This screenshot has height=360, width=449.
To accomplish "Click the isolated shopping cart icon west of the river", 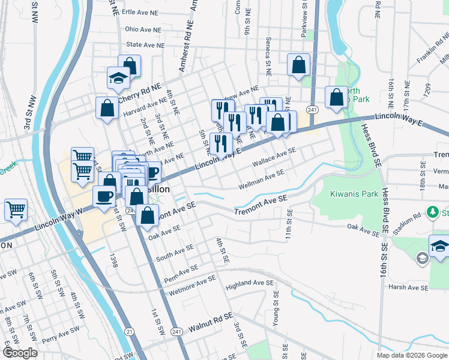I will click(x=16, y=210).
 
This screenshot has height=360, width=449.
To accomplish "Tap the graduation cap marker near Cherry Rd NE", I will click(x=118, y=77).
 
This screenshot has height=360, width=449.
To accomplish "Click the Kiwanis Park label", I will click(x=355, y=194).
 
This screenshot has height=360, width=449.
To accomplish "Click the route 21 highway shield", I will click(x=129, y=331).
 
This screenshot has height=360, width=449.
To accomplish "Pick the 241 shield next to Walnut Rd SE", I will click(x=176, y=331).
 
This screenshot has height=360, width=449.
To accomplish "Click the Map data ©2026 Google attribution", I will click(x=412, y=355).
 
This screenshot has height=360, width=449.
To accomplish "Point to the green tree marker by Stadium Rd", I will click(x=432, y=212).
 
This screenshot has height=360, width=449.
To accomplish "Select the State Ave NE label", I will click(x=144, y=44).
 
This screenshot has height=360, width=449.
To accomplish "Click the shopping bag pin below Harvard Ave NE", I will click(x=107, y=109).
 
